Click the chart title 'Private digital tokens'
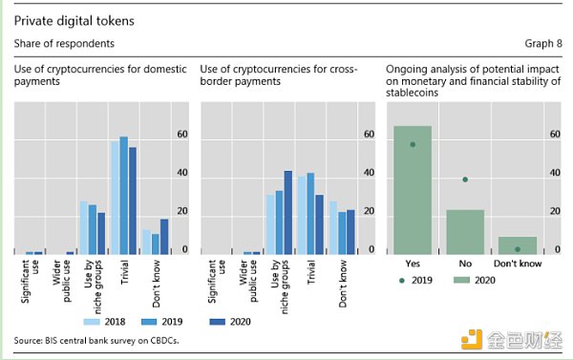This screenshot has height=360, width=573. click(66, 19)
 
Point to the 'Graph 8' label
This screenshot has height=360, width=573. click(543, 44)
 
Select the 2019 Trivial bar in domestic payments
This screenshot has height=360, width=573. click(123, 195)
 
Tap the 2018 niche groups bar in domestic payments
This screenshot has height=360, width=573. click(83, 227)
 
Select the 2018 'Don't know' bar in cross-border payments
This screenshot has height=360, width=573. click(332, 227)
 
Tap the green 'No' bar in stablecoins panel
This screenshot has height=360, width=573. click(465, 231)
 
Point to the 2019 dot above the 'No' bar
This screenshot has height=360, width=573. click(465, 180)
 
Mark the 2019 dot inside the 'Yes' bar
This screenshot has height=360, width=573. click(413, 145)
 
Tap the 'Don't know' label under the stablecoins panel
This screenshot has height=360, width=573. click(517, 262)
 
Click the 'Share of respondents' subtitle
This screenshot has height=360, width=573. click(64, 44)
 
